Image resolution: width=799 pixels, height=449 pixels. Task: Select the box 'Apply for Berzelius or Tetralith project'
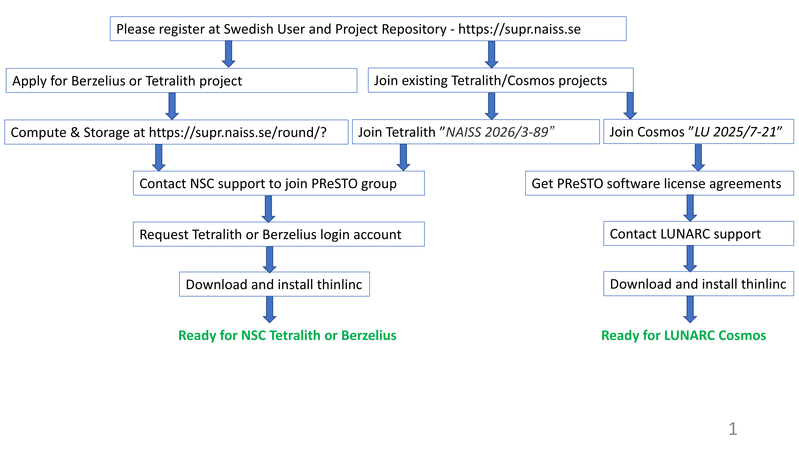[181, 81]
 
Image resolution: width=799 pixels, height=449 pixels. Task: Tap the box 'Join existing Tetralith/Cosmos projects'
[500, 80]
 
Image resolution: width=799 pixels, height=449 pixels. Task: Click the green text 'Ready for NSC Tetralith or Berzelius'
[287, 335]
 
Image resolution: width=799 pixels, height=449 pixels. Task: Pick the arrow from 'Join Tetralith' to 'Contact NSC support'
[403, 157]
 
